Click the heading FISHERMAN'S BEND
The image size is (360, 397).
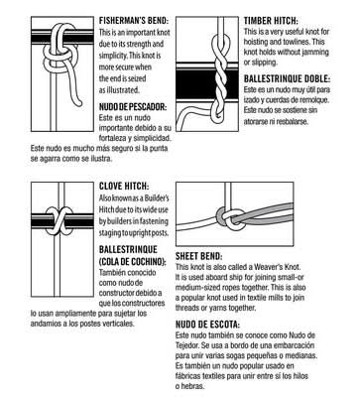[134, 21]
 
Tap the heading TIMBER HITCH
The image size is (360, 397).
[271, 21]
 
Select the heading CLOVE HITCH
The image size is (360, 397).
[124, 187]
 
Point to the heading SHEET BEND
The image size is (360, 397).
[198, 256]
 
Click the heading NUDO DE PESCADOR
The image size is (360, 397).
[133, 107]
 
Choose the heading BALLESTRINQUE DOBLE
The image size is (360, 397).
[287, 79]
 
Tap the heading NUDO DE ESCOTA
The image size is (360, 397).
[207, 325]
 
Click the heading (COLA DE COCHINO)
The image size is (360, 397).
[133, 262]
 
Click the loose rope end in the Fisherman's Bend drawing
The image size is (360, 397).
[78, 103]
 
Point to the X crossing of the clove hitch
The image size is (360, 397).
[59, 221]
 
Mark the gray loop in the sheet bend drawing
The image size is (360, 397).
[221, 217]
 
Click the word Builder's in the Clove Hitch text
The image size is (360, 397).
[158, 198]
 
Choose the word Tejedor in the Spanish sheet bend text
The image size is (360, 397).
[187, 345]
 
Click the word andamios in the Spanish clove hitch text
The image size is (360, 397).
[45, 324]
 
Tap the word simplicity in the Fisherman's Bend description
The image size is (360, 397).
[113, 56]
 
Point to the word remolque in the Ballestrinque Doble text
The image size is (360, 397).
[315, 99]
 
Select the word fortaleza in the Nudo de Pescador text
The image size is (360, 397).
[113, 138]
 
